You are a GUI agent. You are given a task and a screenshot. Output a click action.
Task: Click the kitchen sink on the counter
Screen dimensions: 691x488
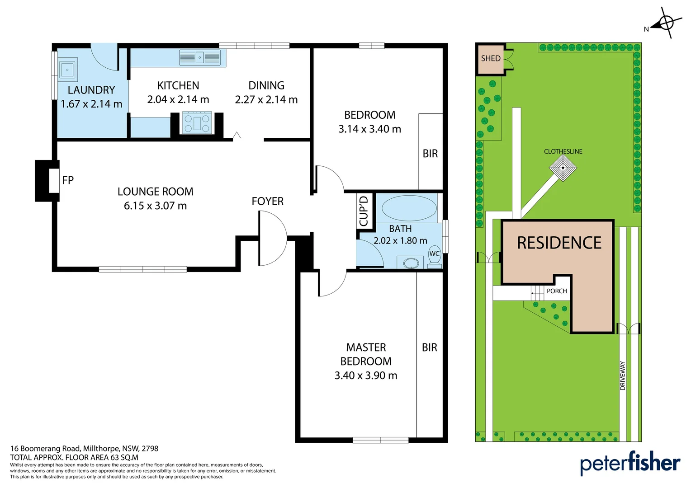200,57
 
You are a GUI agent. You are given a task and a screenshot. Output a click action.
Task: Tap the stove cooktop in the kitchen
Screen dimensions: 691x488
197,123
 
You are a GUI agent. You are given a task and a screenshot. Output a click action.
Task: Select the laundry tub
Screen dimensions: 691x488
67,70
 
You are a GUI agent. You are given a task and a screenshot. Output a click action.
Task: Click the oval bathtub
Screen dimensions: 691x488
409,208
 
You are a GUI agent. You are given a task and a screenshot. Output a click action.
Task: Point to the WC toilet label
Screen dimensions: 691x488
434,253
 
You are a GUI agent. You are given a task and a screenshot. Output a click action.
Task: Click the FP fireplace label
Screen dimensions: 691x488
68,180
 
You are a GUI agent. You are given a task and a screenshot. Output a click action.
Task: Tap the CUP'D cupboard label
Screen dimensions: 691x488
364,211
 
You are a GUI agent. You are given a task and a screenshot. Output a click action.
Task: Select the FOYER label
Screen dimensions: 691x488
267,202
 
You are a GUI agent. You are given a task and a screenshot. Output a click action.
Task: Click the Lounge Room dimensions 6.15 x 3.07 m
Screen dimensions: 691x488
155,206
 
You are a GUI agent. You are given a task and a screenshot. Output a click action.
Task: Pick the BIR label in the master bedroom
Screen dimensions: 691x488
430,348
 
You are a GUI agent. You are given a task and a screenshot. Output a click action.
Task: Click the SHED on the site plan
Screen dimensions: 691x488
491,59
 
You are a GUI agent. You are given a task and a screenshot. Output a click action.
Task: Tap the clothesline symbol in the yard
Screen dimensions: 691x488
563,168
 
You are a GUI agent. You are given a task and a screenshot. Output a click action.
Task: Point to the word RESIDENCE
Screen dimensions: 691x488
559,243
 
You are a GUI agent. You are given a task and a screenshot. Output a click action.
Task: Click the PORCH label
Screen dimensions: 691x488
557,291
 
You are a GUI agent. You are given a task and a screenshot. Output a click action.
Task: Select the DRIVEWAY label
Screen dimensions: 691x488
623,376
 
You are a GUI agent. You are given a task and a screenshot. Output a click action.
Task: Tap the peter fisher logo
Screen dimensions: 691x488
630,463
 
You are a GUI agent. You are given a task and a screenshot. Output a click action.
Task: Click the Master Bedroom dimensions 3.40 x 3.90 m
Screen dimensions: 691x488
366,375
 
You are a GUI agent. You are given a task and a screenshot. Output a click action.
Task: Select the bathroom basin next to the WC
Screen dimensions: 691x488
411,263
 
